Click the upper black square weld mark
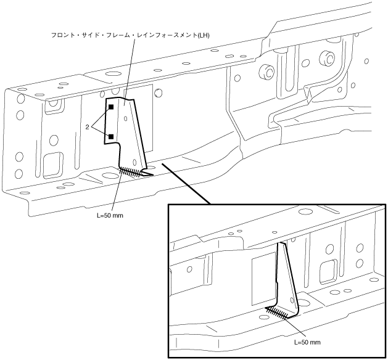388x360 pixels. coord(112,107)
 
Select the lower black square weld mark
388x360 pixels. coord(112,136)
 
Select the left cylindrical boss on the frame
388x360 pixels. coord(266,71)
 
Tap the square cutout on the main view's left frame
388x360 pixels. coord(53,164)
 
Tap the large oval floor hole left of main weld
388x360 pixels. coord(110,178)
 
